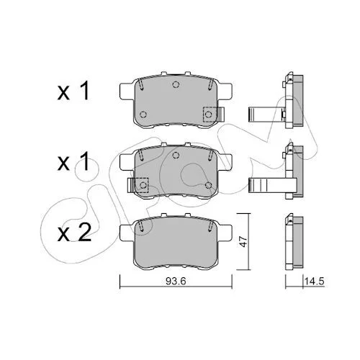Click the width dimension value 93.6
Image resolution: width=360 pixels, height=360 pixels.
[x=176, y=281]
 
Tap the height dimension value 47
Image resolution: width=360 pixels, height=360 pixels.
[x=243, y=241]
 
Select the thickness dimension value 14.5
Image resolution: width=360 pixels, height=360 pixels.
[x=315, y=281]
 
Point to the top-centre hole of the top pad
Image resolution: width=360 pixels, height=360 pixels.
[x=176, y=84]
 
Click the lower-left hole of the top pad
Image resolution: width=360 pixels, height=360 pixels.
[x=143, y=114]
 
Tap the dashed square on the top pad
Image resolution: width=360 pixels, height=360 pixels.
[x=210, y=114]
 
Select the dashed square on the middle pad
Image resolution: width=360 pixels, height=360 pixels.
[x=141, y=185]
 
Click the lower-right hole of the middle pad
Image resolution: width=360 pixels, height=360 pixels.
[x=209, y=185]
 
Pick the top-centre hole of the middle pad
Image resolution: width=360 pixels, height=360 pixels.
[x=176, y=155]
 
